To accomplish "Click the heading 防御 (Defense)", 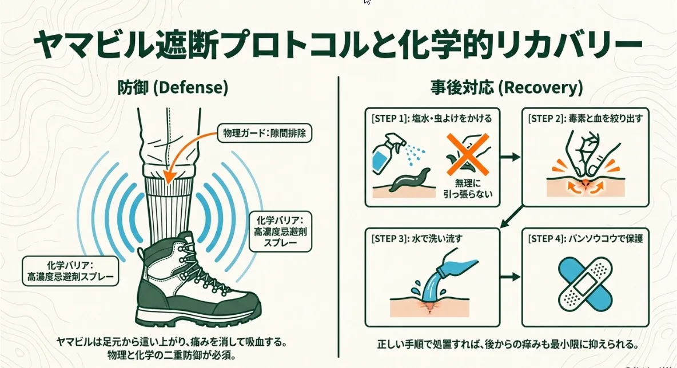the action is [x=173, y=87].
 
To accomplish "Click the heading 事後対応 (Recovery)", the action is [x=507, y=87].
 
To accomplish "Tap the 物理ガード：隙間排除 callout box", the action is [x=265, y=133].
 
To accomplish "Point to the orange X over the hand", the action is [x=468, y=154].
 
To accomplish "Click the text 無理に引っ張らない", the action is [x=468, y=189].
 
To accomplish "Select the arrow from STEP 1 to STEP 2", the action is [x=511, y=157].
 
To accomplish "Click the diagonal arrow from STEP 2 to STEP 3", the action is [x=512, y=217].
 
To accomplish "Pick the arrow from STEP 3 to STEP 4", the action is [x=511, y=277].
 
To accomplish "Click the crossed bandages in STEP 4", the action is [x=585, y=284].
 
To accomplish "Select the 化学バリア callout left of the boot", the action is [x=70, y=271].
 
